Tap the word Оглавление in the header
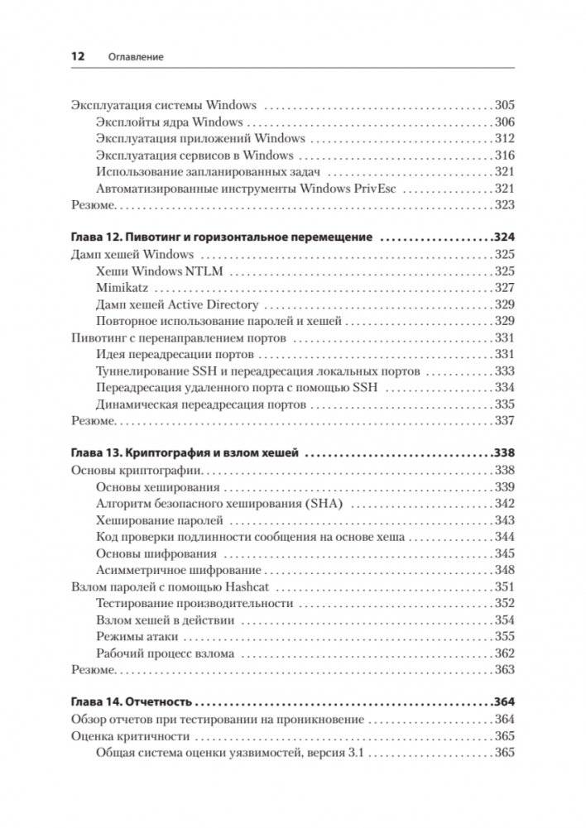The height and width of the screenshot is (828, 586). (136, 57)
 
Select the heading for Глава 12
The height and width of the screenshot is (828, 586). (222, 237)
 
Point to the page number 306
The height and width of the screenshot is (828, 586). (504, 122)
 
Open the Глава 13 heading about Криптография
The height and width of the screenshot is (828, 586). (186, 453)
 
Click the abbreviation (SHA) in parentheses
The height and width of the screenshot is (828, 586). (329, 504)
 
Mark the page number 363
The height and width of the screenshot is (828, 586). (504, 669)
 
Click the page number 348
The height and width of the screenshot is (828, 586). (504, 570)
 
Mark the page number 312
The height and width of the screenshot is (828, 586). (504, 138)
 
